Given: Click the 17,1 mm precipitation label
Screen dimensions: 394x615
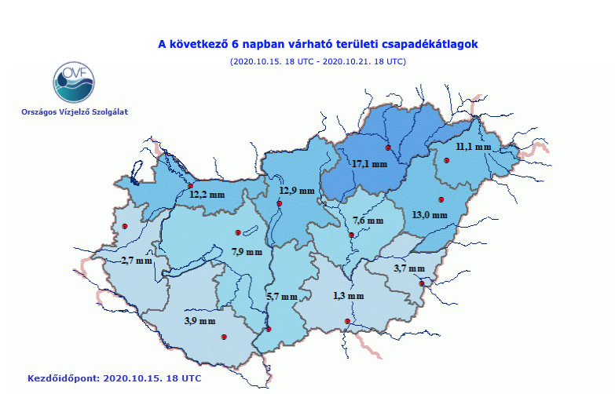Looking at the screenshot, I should [369, 164].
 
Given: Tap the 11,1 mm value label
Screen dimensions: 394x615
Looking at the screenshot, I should [474, 147].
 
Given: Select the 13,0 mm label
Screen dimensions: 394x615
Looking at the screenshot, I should [429, 214].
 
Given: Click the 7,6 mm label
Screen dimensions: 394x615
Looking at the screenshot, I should [368, 220].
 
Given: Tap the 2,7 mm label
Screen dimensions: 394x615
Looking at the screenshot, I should [137, 260].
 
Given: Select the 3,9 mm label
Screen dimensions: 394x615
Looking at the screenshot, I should [200, 320].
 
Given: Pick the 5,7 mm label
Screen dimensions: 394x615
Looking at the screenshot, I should [282, 296].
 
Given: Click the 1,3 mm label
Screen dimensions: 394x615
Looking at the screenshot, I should [348, 296].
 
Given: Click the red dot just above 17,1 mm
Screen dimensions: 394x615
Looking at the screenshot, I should [387, 148].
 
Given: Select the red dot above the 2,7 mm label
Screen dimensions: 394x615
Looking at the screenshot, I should [124, 227].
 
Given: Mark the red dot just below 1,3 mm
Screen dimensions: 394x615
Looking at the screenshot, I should [348, 322].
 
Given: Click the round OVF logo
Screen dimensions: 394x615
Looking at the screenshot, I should [74, 81].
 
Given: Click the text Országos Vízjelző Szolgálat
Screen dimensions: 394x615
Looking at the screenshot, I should [75, 111].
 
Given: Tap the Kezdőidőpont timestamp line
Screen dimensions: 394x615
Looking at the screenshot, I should [115, 378].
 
